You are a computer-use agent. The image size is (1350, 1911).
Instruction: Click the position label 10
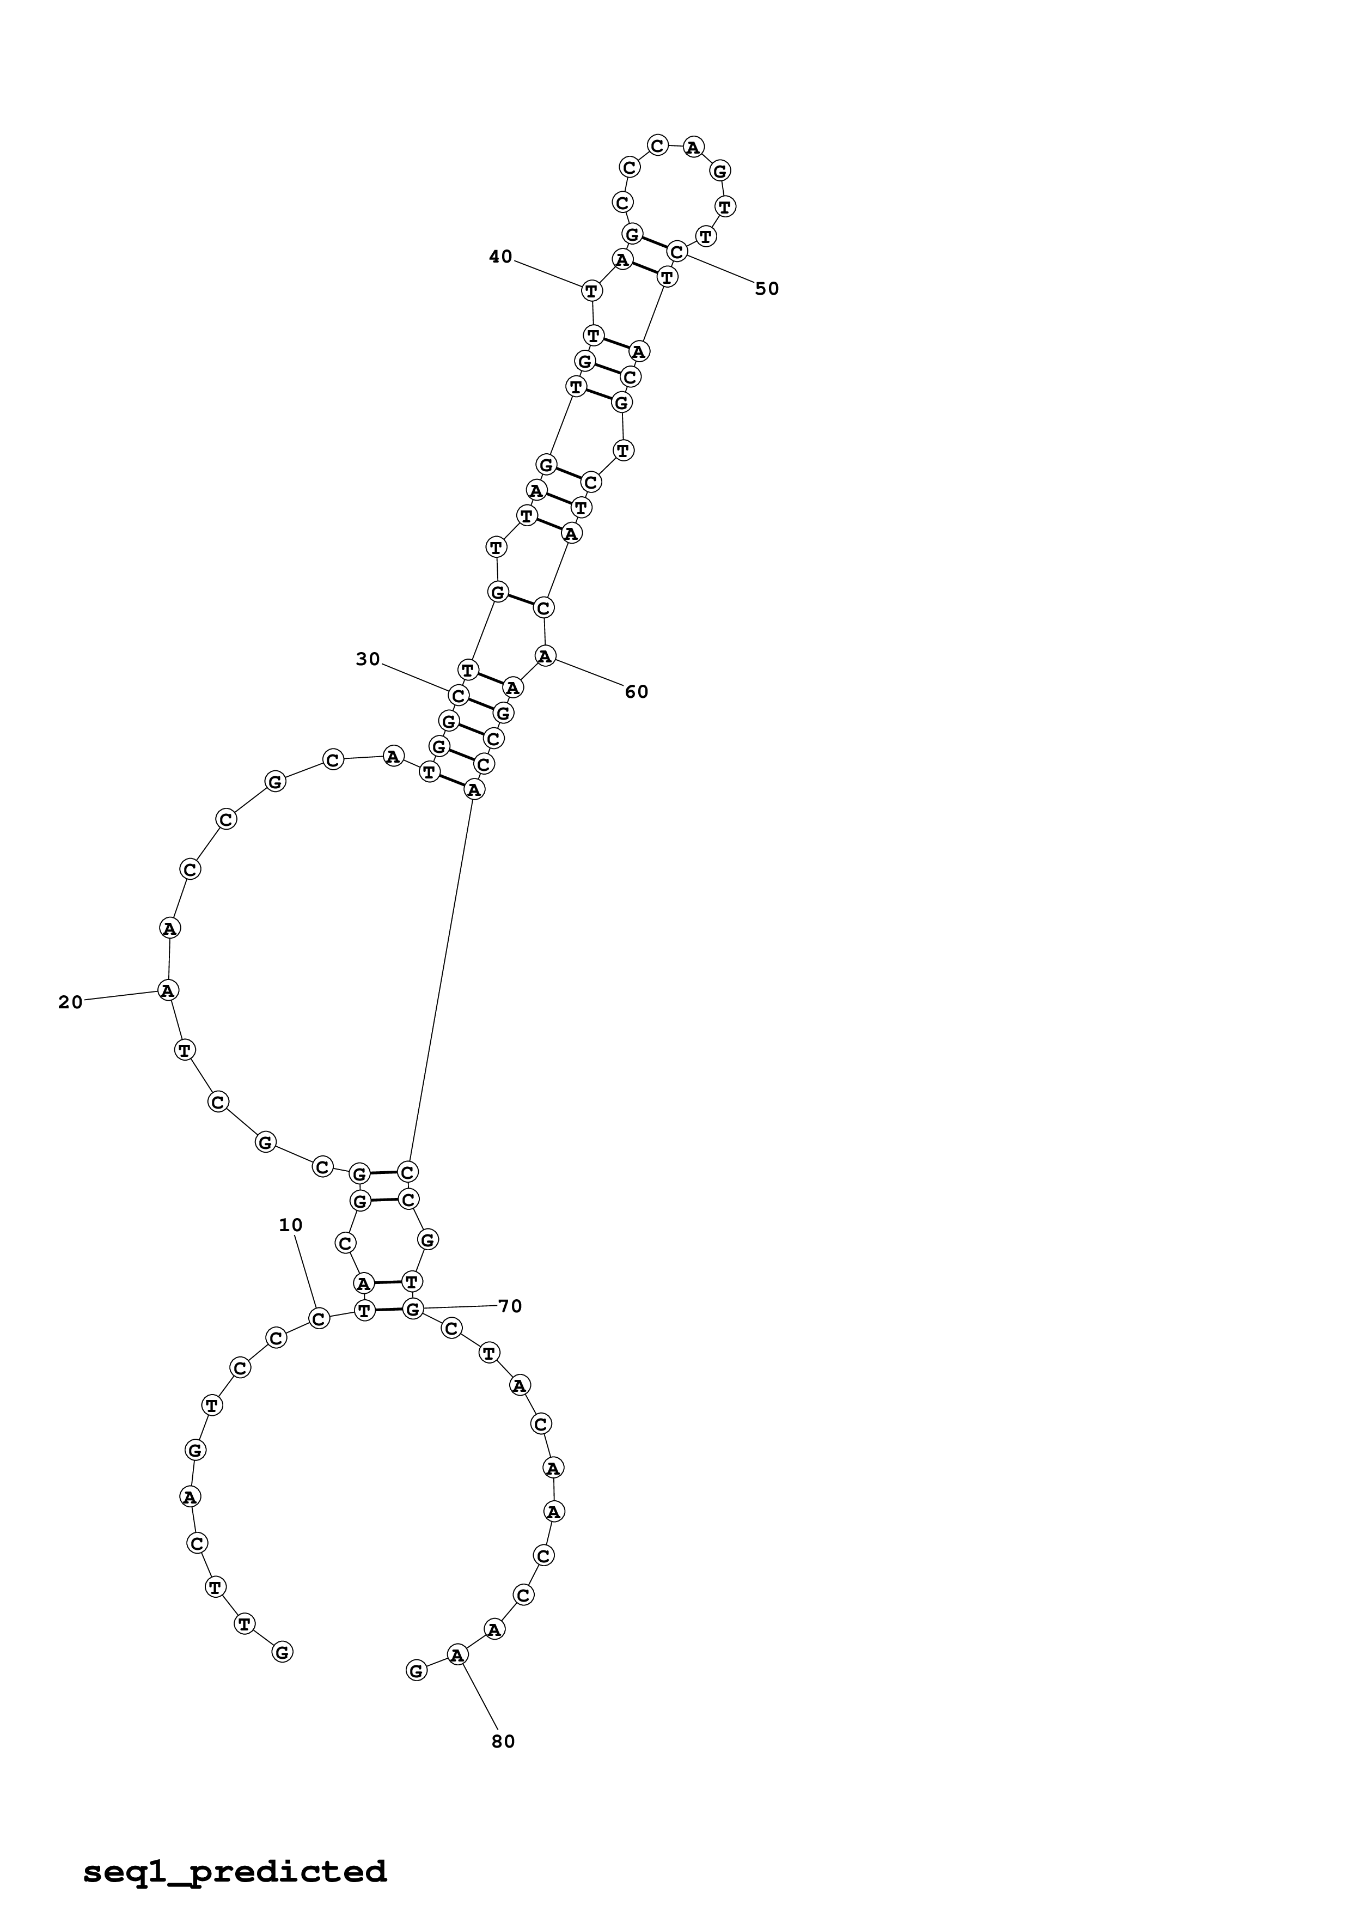pos(290,1225)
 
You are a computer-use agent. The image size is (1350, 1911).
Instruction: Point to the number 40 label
pos(501,257)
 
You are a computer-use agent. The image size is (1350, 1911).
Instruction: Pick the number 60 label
pos(636,692)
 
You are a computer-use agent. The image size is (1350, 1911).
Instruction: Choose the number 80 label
pos(503,1741)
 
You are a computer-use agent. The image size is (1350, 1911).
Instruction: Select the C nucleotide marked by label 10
pos(319,1318)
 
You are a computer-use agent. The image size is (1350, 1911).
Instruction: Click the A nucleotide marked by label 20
pos(168,990)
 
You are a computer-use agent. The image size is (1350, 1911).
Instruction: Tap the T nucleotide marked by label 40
pos(591,290)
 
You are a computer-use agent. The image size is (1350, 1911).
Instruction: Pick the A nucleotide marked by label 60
pos(545,656)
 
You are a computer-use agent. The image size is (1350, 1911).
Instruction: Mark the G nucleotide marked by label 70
pos(413,1309)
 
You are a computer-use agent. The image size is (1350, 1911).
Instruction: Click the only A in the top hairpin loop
pos(692,147)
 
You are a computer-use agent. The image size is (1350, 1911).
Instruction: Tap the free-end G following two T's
pos(282,1652)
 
